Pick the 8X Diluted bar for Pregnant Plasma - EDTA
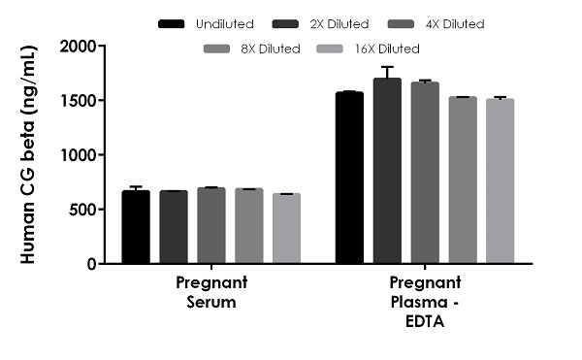click(463, 180)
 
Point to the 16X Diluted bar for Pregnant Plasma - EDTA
click(500, 181)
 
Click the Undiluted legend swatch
click(172, 22)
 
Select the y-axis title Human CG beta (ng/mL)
click(28, 155)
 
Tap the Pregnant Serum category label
click(211, 291)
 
